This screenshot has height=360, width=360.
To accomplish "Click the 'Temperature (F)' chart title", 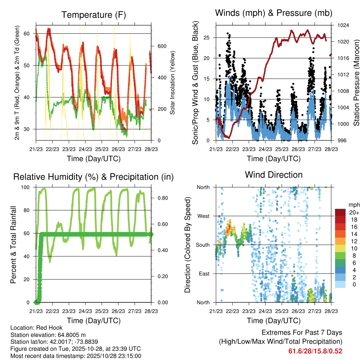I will tap(94, 15).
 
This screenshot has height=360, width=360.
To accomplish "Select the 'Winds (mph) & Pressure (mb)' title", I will tap(274, 13).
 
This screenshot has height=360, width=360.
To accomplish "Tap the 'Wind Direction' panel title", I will tap(274, 175).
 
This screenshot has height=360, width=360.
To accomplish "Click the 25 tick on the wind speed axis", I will tap(207, 38).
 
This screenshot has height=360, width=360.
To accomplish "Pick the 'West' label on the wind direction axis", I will tap(204, 216).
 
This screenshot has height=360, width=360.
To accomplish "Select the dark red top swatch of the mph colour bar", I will tap(340, 212).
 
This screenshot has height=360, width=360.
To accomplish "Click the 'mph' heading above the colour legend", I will tap(353, 205).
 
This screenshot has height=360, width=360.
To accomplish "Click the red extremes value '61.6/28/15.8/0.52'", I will tap(315, 351).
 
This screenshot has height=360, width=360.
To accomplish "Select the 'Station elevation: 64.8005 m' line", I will tap(48, 335).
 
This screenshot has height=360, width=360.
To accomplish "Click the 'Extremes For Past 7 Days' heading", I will tap(302, 333).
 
